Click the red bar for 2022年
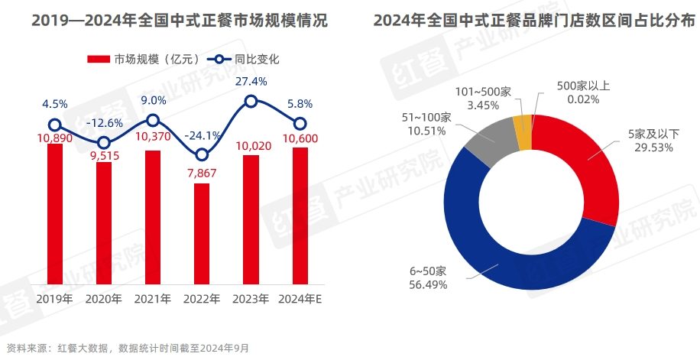click(202, 233)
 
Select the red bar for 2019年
click(54, 213)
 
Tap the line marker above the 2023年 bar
click(251, 101)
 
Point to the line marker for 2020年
click(104, 142)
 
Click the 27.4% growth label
click(251, 81)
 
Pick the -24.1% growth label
click(203, 135)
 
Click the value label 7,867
click(202, 172)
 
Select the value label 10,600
click(300, 138)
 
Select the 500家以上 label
click(583, 86)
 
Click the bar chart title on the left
click(180, 21)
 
